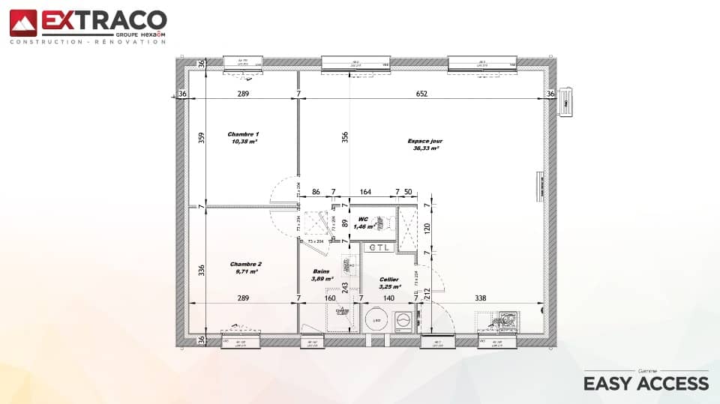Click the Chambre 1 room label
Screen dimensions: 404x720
[243, 138]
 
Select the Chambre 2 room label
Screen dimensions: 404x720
[246, 268]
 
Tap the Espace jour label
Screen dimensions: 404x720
[425, 144]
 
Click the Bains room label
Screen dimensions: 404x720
[322, 274]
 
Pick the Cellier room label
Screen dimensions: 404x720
[389, 282]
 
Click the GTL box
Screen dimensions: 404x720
[380, 247]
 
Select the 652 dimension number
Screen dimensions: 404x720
[421, 94]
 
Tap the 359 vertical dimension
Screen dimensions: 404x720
[201, 138]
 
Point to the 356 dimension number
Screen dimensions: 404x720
[344, 137]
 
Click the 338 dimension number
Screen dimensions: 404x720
[479, 298]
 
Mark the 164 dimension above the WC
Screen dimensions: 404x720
[366, 193]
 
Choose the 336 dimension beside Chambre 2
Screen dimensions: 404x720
[201, 270]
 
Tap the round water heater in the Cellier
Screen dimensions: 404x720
[377, 321]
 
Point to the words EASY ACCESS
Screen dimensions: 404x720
[646, 384]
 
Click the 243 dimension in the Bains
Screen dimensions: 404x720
[345, 287]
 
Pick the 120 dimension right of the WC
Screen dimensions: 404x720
[426, 229]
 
